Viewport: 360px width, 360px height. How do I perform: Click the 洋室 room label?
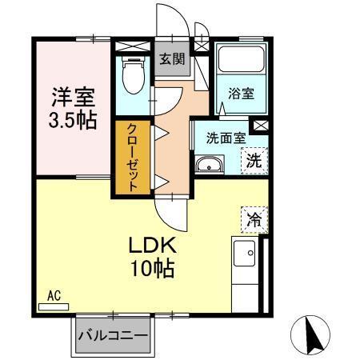point(74,98)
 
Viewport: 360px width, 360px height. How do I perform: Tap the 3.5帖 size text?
point(74,121)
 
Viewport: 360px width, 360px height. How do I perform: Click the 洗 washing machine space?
point(253,159)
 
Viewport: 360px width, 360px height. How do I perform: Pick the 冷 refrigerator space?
point(254,217)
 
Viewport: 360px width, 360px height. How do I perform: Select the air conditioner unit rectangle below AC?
point(54,305)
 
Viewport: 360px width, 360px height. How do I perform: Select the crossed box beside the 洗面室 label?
point(259,126)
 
